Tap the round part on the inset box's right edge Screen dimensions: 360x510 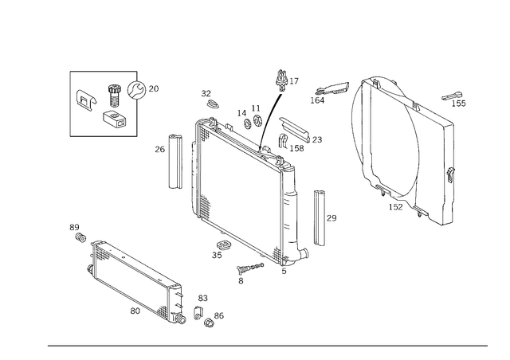click(x=136, y=89)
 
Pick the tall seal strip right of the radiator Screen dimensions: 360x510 click(x=319, y=217)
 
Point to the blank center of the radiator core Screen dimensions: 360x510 click(x=243, y=191)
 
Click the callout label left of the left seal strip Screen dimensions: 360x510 click(x=159, y=148)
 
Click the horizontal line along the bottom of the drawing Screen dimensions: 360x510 click(x=267, y=345)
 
